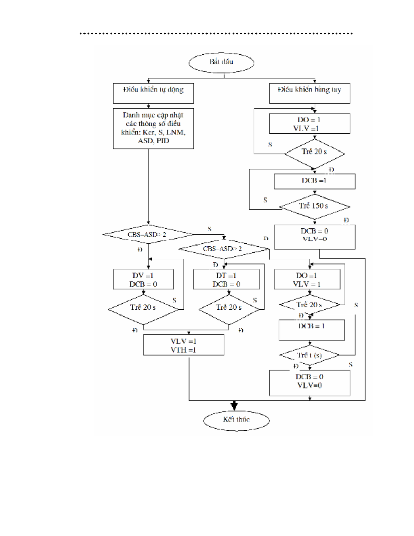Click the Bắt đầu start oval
tap(221, 63)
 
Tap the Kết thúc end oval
tap(236, 420)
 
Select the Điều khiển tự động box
tap(153, 93)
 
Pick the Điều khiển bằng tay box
tap(310, 93)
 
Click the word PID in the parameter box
tap(163, 141)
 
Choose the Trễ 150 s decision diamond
tap(314, 206)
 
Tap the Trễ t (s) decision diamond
tap(310, 355)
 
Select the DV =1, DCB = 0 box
tap(143, 279)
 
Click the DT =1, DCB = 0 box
tap(226, 279)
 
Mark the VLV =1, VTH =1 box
tap(184, 345)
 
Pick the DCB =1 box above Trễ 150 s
tap(314, 181)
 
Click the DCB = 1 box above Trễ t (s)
tap(312, 329)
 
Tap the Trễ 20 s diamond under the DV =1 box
tap(143, 309)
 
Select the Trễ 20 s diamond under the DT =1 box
tap(229, 309)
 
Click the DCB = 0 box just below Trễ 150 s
tap(314, 236)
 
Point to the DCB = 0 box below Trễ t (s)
tap(310, 382)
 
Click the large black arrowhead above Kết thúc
tap(234, 405)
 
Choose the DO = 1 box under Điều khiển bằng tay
tap(310, 123)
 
